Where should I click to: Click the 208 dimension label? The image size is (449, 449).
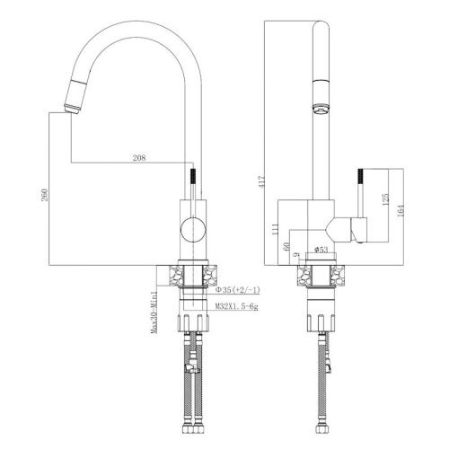(139, 158)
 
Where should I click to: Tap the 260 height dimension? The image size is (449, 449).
(44, 195)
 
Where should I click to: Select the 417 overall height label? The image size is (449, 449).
(261, 181)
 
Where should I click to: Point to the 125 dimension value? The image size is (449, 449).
(385, 199)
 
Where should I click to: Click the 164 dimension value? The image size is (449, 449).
(401, 210)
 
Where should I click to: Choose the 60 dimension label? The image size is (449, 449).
(286, 246)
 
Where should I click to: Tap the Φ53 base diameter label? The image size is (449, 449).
(321, 250)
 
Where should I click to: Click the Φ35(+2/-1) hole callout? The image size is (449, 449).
(238, 290)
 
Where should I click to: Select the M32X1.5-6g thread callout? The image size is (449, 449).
(236, 306)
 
